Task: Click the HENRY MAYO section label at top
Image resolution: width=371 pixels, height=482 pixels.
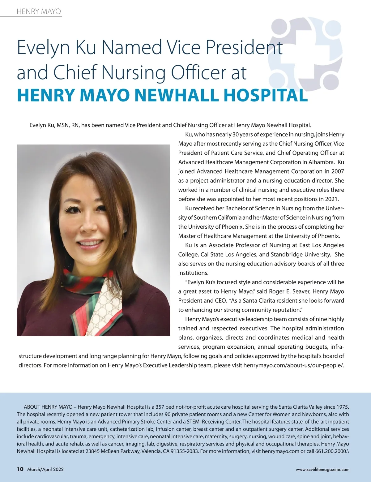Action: [39, 11]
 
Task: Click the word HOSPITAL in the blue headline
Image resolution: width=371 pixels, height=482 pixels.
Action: [266, 95]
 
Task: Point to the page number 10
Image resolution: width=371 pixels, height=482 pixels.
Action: [20, 469]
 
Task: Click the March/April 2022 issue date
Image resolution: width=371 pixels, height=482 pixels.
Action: [45, 469]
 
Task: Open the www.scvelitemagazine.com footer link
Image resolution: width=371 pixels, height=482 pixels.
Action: [322, 469]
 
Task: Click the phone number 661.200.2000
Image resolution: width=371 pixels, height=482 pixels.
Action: [331, 451]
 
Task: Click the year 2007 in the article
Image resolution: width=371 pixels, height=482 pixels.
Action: [338, 171]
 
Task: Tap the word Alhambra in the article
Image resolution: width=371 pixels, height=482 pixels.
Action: [322, 162]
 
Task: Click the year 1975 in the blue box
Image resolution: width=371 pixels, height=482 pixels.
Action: [342, 407]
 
